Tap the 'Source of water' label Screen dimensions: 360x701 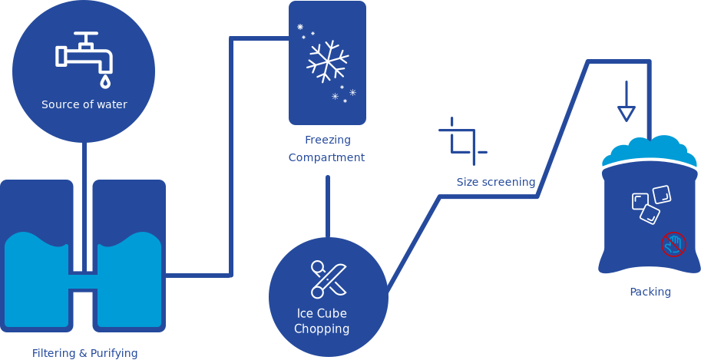click(84, 104)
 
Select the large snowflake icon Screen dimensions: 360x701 click(328, 61)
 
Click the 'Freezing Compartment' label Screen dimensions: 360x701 click(327, 149)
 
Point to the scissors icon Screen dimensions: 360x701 click(329, 279)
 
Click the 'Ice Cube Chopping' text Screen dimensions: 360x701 click(322, 321)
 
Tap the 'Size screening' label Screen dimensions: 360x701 click(495, 182)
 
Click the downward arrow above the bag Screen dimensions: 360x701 click(627, 102)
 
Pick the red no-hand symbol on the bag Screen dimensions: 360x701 click(673, 244)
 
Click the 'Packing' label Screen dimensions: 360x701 click(650, 292)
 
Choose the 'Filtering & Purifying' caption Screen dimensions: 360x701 click(84, 353)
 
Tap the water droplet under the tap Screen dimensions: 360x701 click(105, 80)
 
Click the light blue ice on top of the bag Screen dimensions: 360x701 click(649, 150)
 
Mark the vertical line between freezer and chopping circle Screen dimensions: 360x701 click(328, 206)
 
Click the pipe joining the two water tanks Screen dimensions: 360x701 click(83, 280)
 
